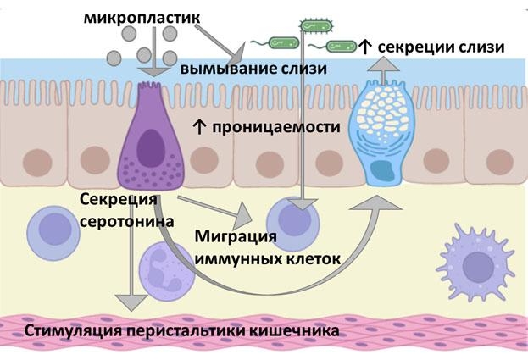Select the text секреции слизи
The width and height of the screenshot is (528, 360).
pos(441,47)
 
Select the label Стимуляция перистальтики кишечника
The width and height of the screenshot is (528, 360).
pos(183,330)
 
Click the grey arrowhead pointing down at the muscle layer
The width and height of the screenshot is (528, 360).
pos(130,301)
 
